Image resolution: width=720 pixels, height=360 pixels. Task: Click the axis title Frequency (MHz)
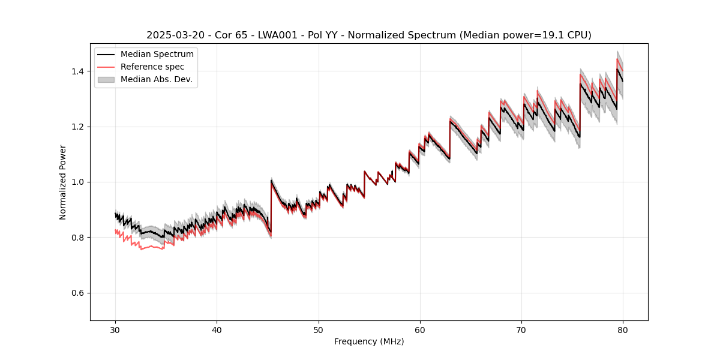click(x=369, y=341)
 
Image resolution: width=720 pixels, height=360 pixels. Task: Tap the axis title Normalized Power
click(x=63, y=182)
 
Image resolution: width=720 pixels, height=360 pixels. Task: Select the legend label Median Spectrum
click(x=157, y=55)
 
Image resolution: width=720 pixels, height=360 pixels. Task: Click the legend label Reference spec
click(x=152, y=67)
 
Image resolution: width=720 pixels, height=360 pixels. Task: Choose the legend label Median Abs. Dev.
click(x=157, y=79)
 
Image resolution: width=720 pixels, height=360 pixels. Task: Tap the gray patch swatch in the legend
click(x=106, y=79)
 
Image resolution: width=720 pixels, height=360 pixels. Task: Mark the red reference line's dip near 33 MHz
click(x=142, y=249)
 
